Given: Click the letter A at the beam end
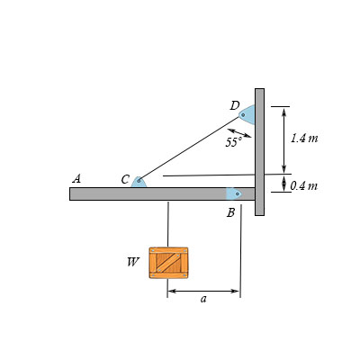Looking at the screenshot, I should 76,178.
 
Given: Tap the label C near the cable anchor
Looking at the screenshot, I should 126,179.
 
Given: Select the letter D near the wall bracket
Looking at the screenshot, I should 234,106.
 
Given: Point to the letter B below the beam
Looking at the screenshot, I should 231,212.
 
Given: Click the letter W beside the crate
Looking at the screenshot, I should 133,262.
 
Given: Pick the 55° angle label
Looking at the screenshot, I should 234,142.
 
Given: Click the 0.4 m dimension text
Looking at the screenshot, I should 304,185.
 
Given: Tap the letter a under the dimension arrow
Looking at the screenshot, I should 203,300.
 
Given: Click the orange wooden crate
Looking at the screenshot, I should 168,262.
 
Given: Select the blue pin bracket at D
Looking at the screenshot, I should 247,114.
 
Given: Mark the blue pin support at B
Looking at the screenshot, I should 234,193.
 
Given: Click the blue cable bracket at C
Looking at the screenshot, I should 139,182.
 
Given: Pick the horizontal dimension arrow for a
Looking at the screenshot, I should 203,291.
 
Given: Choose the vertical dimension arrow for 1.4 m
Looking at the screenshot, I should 284,139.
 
